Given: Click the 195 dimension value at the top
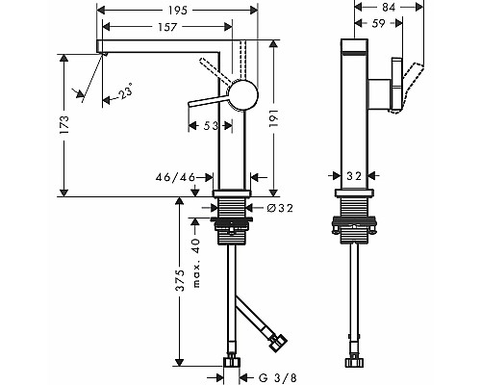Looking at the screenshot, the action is pos(177,11).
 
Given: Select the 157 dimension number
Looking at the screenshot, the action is pos(167,27).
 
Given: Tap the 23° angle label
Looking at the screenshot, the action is pos(125,91).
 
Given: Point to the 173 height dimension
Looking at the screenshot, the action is pos(64,125).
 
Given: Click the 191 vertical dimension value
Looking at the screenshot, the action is pos(273,118).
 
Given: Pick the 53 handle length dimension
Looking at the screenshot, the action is pos(211,126).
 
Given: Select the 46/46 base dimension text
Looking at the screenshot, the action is pos(175,177).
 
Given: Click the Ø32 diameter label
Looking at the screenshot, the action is pos(280,208).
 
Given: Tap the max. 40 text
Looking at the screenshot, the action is pos(196,263).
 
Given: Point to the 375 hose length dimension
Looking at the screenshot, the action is pos(181,280).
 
